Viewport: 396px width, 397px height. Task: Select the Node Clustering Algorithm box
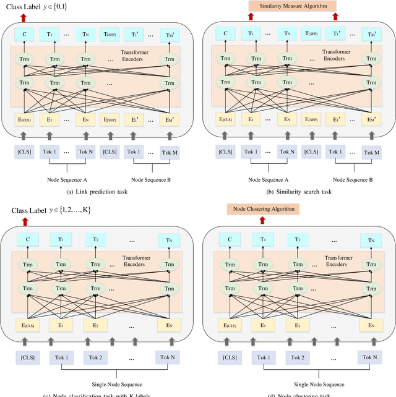(263, 210)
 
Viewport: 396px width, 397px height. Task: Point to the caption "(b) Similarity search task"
(296, 192)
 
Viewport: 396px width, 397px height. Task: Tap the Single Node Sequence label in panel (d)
(300, 383)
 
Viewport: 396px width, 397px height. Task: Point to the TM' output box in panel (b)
(371, 34)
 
